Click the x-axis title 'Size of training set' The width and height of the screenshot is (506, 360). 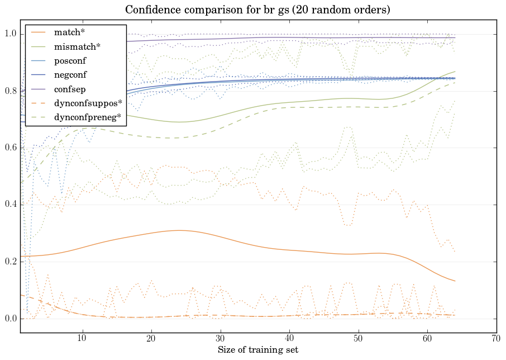(257, 350)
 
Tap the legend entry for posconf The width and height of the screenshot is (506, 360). (70, 60)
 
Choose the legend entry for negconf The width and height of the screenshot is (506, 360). (70, 74)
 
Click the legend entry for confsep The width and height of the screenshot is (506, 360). (70, 88)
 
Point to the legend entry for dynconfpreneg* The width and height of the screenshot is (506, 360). (86, 117)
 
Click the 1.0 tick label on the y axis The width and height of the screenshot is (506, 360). (11, 34)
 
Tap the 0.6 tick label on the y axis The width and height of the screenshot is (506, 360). (11, 148)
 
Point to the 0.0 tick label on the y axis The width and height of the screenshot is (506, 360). (11, 319)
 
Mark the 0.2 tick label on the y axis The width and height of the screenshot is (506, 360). (11, 262)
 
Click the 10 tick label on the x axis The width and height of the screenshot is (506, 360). (82, 339)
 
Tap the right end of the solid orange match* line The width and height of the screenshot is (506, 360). (455, 281)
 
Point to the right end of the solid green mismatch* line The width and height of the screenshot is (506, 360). (455, 72)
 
